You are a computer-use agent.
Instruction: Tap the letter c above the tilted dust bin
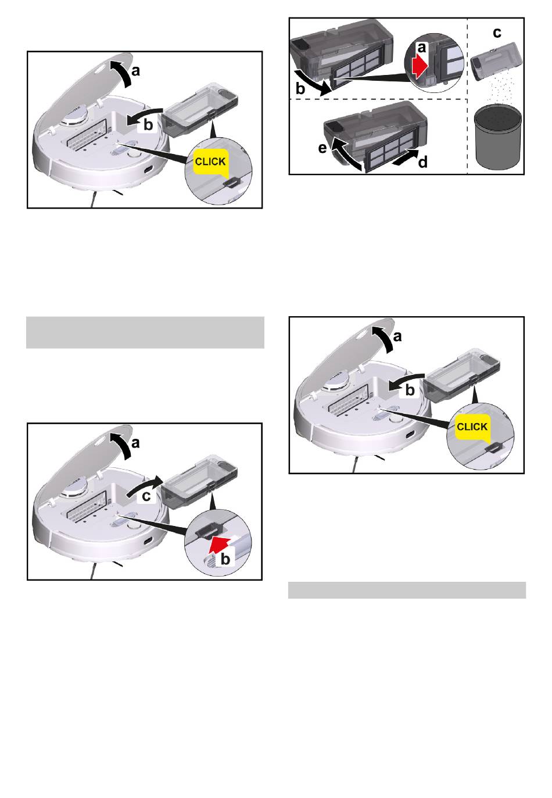click(497, 33)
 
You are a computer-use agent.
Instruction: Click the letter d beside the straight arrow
click(423, 162)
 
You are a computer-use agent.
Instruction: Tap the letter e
click(322, 148)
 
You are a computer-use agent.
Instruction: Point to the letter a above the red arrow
click(422, 47)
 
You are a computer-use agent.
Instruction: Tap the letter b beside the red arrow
click(225, 559)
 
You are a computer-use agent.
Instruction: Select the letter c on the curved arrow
click(146, 496)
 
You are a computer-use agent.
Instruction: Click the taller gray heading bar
click(145, 332)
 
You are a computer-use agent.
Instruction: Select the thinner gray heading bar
click(407, 591)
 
